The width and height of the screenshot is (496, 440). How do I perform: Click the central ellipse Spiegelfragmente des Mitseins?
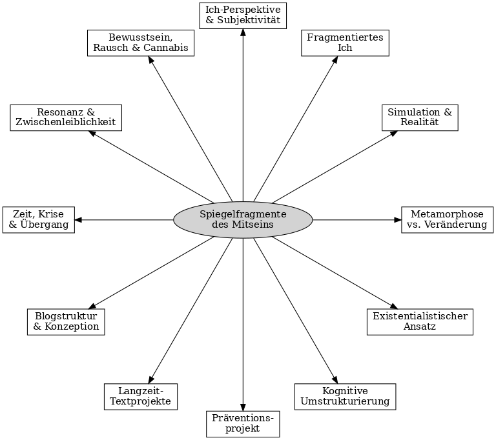243,219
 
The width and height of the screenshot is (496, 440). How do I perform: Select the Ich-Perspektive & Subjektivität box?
243,15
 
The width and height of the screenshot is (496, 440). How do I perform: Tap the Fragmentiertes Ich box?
345,43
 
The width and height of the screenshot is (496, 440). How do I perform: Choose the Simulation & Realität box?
419,117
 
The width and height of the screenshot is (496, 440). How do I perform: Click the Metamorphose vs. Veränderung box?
448,219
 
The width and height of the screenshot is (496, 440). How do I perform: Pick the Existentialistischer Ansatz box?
420,322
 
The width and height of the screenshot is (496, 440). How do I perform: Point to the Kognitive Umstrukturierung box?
345,396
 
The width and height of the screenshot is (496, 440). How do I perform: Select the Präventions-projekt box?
243,424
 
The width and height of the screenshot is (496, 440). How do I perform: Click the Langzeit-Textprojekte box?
140,396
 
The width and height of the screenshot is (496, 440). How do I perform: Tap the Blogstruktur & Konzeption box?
66,322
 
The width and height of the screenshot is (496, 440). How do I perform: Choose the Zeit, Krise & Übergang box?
38,219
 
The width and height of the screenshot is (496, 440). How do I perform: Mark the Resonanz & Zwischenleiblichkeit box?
66,117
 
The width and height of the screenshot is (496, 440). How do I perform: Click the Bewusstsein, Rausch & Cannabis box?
140,43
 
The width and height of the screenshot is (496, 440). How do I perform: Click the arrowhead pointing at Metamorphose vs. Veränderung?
397,219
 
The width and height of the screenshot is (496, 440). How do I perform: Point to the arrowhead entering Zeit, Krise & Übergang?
78,219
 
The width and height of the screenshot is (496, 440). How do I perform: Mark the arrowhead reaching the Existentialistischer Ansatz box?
392,306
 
